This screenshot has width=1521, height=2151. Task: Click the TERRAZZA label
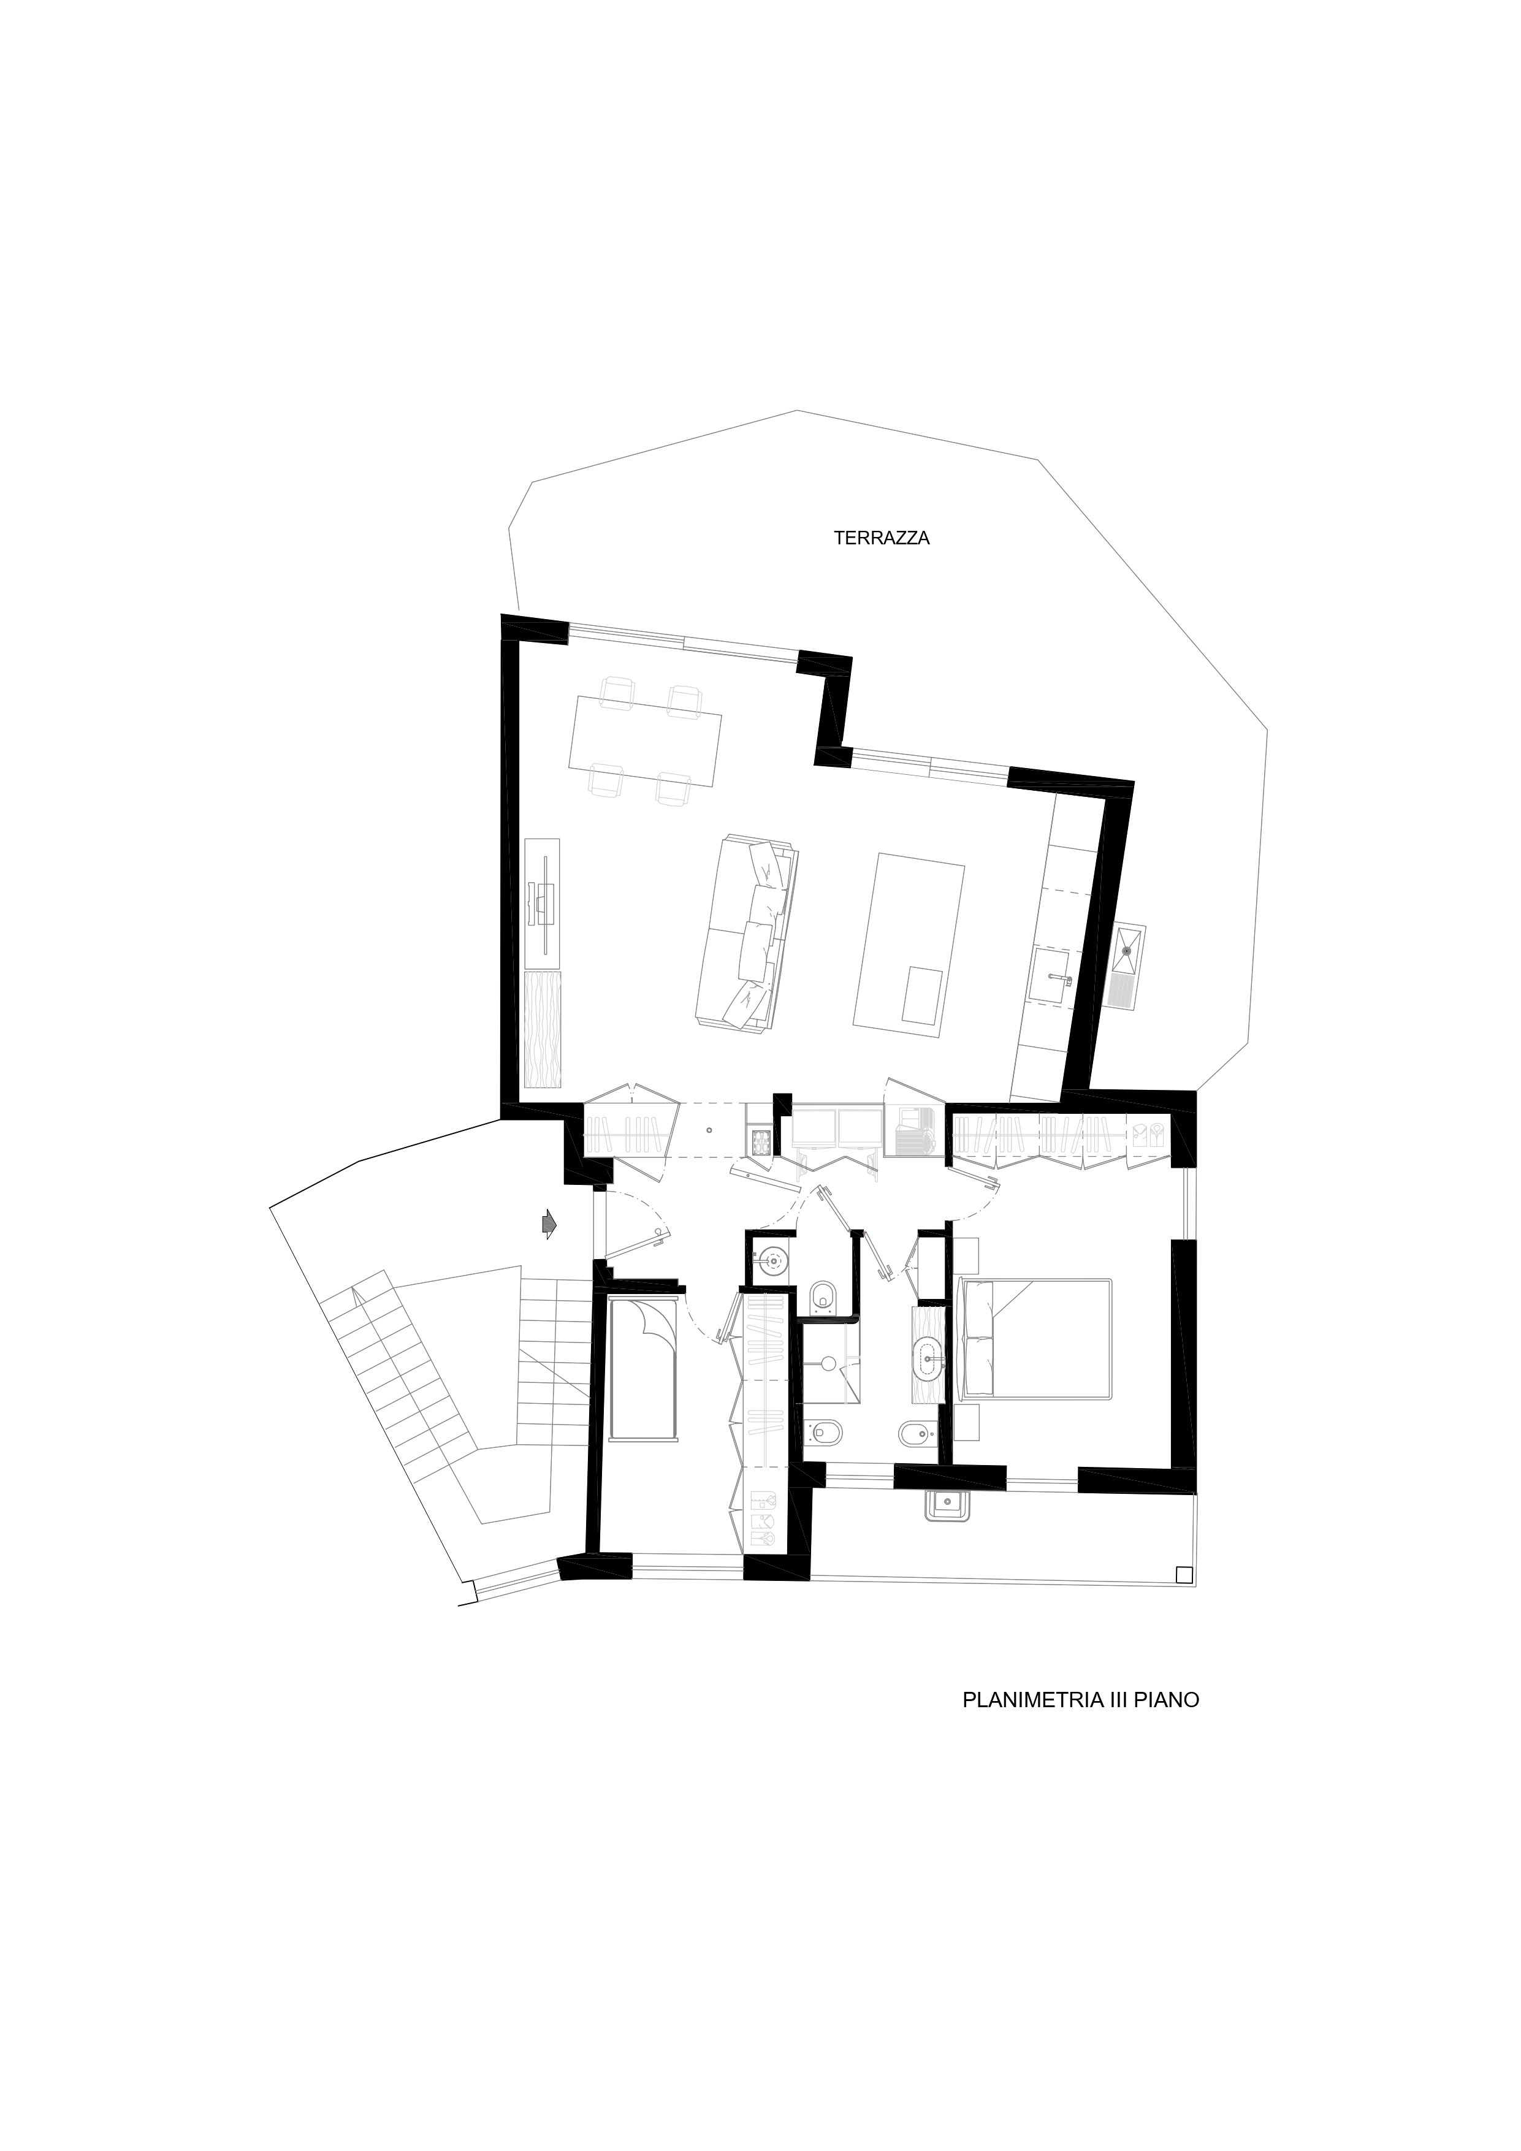pyautogui.click(x=881, y=539)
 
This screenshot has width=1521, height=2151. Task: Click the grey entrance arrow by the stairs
pyautogui.click(x=548, y=1224)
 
